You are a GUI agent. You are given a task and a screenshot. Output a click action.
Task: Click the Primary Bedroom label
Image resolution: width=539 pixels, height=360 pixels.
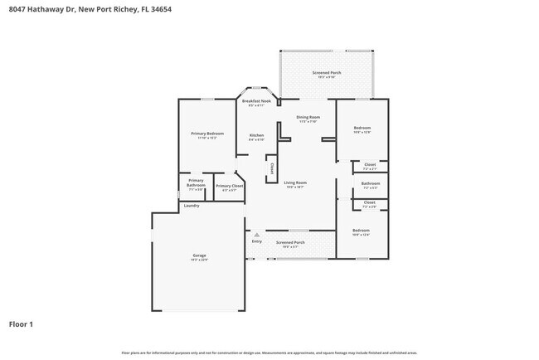pyautogui.click(x=207, y=134)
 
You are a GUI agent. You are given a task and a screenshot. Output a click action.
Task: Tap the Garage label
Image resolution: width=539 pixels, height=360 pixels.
pyautogui.click(x=200, y=255)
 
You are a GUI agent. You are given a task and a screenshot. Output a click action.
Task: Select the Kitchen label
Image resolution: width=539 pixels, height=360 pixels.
pyautogui.click(x=257, y=135)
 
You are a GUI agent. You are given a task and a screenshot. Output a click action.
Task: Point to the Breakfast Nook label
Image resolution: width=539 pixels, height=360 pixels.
pyautogui.click(x=256, y=101)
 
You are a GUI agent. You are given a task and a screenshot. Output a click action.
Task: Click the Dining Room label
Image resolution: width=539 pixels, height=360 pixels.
pyautogui.click(x=308, y=117)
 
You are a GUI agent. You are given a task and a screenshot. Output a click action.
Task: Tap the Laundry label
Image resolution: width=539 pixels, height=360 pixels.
pyautogui.click(x=192, y=206)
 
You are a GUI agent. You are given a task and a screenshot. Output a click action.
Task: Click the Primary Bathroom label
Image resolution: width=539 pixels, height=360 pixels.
pyautogui.click(x=196, y=182)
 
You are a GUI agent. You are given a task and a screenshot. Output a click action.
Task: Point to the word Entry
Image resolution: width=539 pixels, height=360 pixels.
pyautogui.click(x=257, y=241)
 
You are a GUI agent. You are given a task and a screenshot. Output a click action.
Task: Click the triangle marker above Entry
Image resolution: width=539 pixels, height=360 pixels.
pyautogui.click(x=257, y=235)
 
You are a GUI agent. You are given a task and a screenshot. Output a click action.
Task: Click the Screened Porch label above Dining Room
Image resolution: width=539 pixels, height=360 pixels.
pyautogui.click(x=327, y=73)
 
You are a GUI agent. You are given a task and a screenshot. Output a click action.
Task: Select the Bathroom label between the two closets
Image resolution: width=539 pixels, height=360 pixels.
pyautogui.click(x=371, y=183)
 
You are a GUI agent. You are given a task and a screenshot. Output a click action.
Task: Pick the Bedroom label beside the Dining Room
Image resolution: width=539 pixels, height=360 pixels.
pyautogui.click(x=362, y=129)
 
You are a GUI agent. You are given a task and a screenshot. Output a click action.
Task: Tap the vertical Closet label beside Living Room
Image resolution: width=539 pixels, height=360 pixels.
pyautogui.click(x=271, y=168)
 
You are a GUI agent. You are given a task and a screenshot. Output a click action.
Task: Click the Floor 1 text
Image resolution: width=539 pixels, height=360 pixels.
pyautogui.click(x=22, y=324)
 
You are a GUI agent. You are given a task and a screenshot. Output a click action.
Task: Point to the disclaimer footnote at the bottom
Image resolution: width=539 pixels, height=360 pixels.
pyautogui.click(x=269, y=353)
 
